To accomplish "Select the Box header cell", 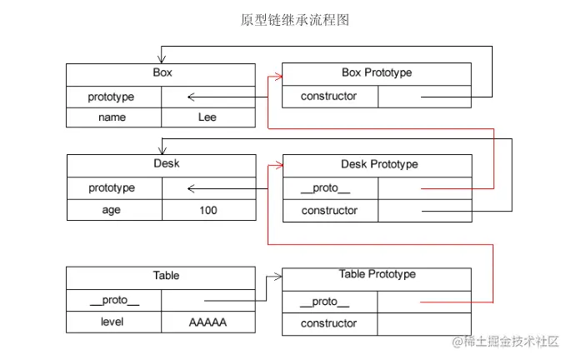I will click(162, 74).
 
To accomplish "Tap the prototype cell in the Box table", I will click(112, 97).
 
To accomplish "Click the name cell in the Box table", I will click(112, 117).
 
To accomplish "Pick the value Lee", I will click(208, 117).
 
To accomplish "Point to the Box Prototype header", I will click(377, 73).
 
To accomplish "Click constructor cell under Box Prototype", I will click(328, 97).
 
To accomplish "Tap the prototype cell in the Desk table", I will click(112, 188).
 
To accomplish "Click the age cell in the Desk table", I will click(112, 210).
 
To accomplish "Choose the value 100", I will click(208, 210).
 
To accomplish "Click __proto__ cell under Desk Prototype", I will click(328, 188).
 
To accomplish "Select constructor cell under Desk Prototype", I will click(328, 211).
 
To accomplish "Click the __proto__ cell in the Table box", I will click(113, 299).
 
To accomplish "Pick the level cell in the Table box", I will click(113, 322).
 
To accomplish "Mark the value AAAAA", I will click(208, 322).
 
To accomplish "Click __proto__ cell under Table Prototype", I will click(328, 302).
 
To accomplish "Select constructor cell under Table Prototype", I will click(328, 323).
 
